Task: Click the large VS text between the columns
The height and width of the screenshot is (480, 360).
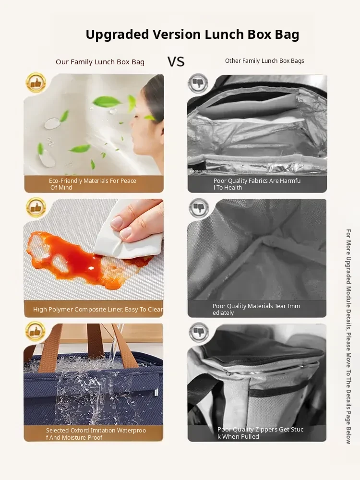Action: click(x=176, y=61)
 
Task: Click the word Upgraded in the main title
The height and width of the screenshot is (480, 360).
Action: click(x=117, y=35)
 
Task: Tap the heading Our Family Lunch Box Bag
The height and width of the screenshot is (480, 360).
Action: click(x=100, y=62)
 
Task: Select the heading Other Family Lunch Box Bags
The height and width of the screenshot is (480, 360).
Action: click(x=264, y=61)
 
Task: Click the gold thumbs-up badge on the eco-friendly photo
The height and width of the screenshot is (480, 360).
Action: click(x=36, y=83)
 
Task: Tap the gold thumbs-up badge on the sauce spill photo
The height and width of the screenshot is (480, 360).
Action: click(x=36, y=207)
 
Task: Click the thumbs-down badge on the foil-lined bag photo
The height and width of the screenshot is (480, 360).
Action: click(x=198, y=83)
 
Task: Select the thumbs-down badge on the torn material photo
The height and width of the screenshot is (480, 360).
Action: click(x=199, y=207)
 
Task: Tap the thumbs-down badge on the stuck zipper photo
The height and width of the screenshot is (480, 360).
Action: click(x=199, y=332)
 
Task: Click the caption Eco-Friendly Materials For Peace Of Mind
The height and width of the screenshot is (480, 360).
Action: click(x=93, y=184)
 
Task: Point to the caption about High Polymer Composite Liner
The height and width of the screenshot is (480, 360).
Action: click(x=98, y=310)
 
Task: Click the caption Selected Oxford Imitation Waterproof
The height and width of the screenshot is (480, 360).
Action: click(x=96, y=434)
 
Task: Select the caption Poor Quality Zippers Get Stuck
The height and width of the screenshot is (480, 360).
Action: click(x=260, y=433)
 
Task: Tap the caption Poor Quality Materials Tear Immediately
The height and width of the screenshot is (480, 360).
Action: click(x=256, y=309)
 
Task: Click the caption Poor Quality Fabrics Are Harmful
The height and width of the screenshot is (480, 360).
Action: click(x=257, y=184)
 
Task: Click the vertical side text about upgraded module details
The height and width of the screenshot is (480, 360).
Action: click(x=348, y=336)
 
